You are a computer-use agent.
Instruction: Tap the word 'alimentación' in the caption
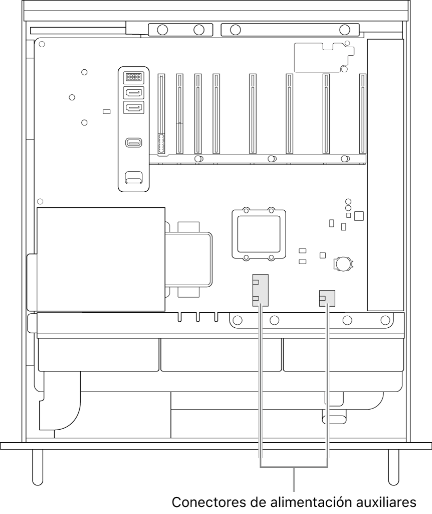tap(292, 501)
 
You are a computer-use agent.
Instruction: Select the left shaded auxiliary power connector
tap(260, 290)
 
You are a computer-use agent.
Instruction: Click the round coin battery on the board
tap(345, 263)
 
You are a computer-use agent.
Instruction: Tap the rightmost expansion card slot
tap(363, 114)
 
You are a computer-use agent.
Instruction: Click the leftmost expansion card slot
tap(161, 114)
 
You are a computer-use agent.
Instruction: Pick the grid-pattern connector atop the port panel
tap(133, 77)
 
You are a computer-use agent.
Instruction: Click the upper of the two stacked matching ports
tap(133, 93)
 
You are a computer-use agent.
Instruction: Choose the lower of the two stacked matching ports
tap(133, 107)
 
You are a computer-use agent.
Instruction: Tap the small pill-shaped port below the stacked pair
tap(133, 143)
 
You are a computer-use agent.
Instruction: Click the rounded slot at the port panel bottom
tap(133, 177)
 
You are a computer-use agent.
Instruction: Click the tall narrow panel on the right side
tap(385, 175)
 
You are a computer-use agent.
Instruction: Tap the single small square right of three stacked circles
tap(358, 216)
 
